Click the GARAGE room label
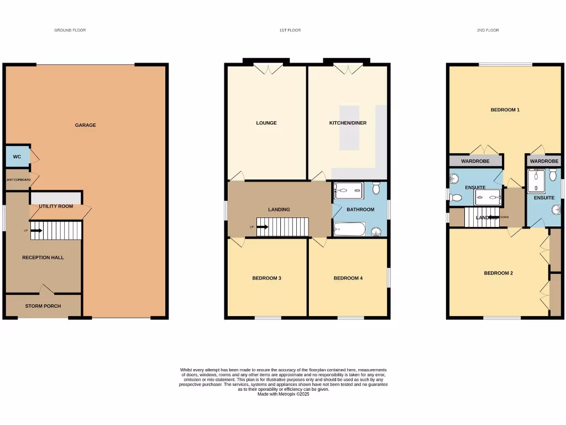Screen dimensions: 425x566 pos(85,125)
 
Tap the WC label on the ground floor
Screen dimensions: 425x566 pos(17,157)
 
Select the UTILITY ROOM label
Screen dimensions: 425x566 pos(56,206)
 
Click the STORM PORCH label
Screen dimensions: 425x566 pos(43,306)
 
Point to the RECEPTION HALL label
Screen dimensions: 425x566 pos(43,257)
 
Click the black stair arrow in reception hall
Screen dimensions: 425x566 pos(36,230)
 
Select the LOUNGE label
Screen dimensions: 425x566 pos(266,123)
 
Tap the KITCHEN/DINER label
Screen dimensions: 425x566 pos(348,123)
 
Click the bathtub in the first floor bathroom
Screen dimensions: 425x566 pos(349,229)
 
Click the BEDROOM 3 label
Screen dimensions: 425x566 pos(266,278)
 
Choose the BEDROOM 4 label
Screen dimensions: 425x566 pos(348,278)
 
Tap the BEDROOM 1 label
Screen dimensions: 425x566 pos(505,110)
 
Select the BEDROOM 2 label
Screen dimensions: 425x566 pos(498,273)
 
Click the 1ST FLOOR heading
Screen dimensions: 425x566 pos(290,30)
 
